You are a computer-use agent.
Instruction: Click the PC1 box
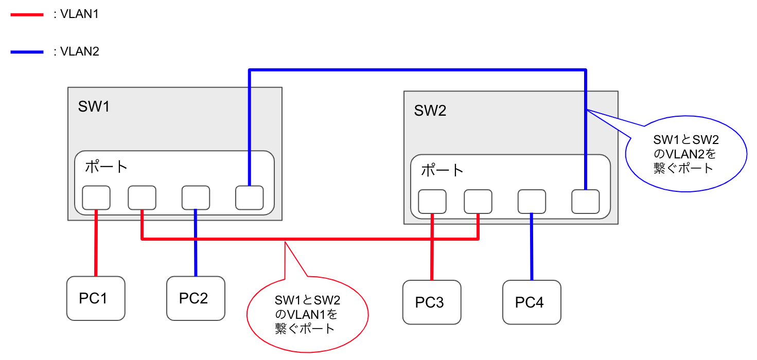(x=96, y=298)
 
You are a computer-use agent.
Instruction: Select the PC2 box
(x=196, y=298)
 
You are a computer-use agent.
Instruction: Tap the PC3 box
(x=432, y=302)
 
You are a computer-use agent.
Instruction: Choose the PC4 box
(x=532, y=302)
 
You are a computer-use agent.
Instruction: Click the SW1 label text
(x=94, y=106)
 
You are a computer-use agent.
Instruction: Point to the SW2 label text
(x=430, y=111)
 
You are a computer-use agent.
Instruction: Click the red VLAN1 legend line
(x=27, y=15)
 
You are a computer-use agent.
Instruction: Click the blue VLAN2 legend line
(x=27, y=52)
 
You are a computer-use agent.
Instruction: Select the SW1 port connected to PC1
(x=96, y=198)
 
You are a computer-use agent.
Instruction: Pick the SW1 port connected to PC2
(x=196, y=198)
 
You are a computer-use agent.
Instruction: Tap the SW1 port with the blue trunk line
(x=250, y=198)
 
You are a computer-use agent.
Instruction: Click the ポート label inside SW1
(x=106, y=167)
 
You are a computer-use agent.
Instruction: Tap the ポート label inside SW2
(x=443, y=170)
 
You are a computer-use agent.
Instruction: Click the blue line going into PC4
(x=532, y=247)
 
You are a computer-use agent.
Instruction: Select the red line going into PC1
(x=96, y=244)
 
